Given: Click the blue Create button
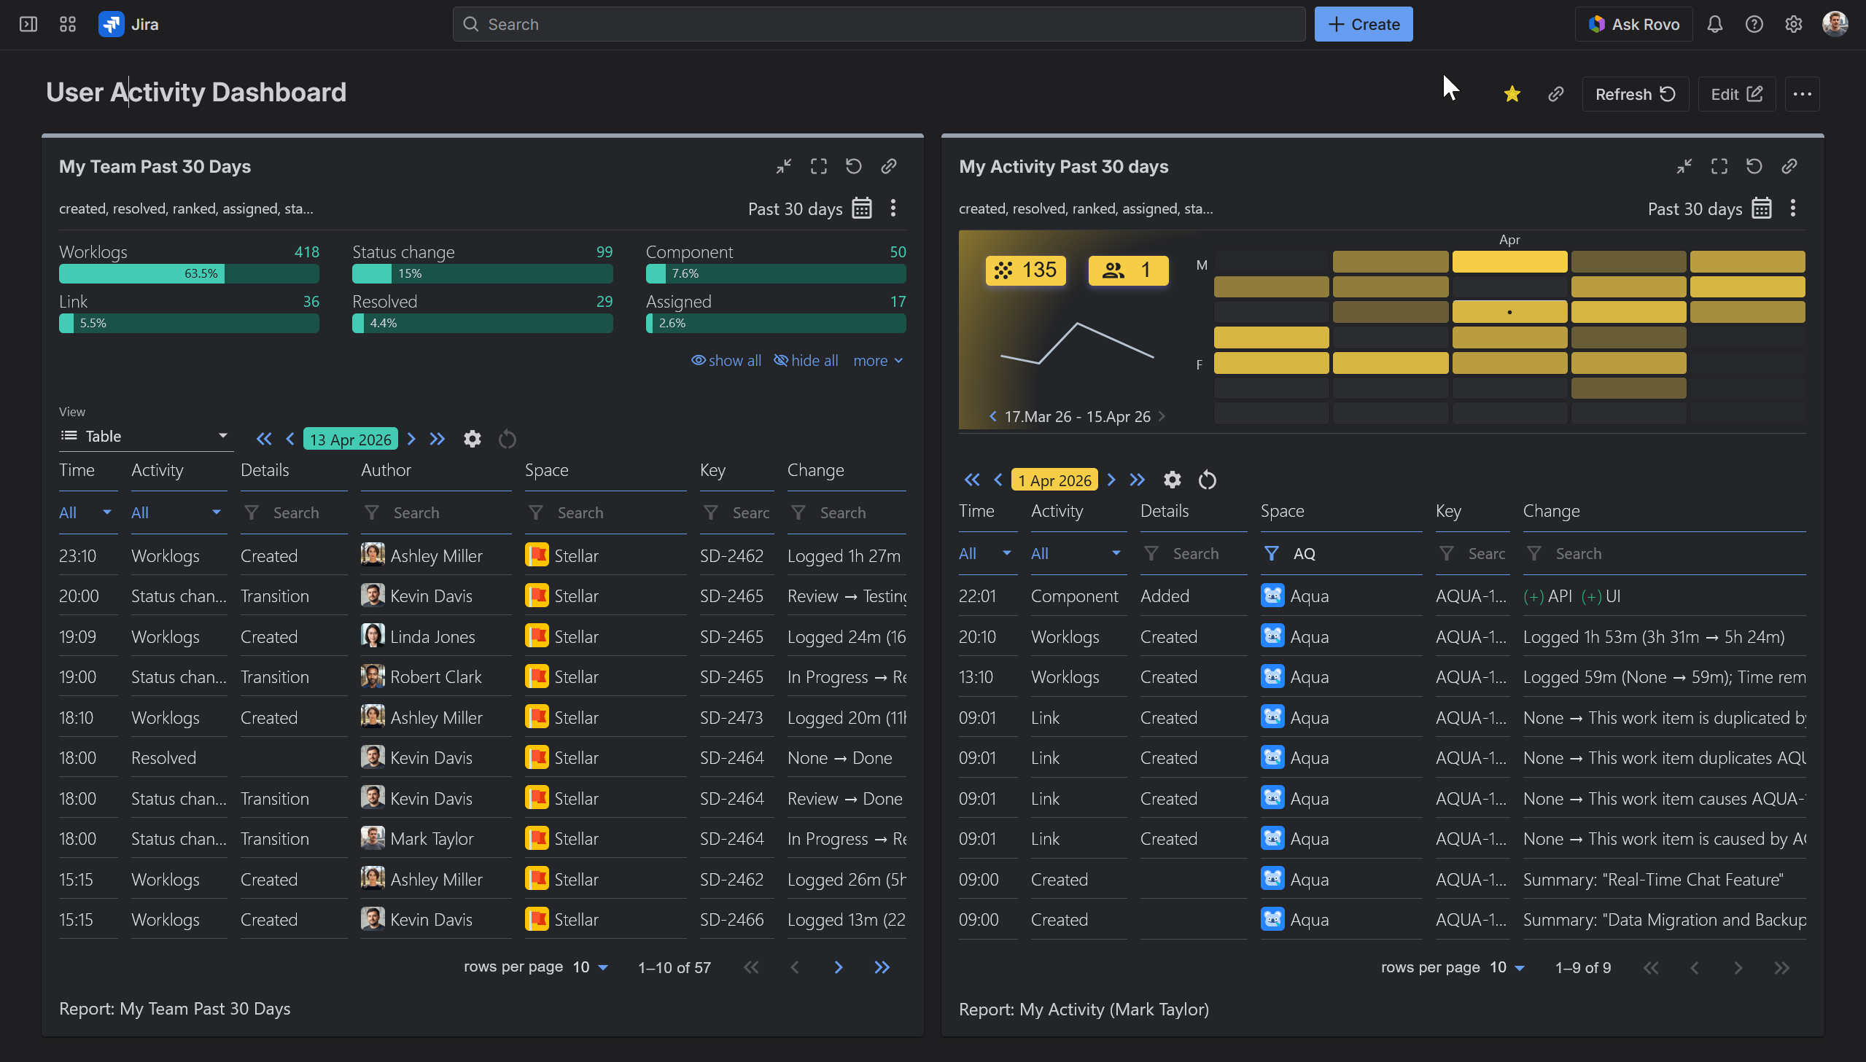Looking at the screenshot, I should pyautogui.click(x=1363, y=24).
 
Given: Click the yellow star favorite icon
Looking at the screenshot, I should pyautogui.click(x=1512, y=94).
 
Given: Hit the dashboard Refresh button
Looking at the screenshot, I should pyautogui.click(x=1634, y=94).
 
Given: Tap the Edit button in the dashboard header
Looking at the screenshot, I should pyautogui.click(x=1735, y=94).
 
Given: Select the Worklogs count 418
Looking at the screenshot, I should pyautogui.click(x=306, y=251).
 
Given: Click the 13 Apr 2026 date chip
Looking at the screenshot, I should pyautogui.click(x=350, y=439).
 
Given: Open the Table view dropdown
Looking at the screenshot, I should pyautogui.click(x=144, y=436).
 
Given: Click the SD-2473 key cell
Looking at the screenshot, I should pyautogui.click(x=731, y=718).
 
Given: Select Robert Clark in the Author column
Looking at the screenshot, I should pyautogui.click(x=435, y=677).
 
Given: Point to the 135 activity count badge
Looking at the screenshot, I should pyautogui.click(x=1025, y=270).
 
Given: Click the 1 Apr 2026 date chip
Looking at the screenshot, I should pyautogui.click(x=1054, y=480).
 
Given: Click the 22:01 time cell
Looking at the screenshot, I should pyautogui.click(x=977, y=596).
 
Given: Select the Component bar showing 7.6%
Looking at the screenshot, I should pyautogui.click(x=774, y=273).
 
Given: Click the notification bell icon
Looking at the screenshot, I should pyautogui.click(x=1714, y=24).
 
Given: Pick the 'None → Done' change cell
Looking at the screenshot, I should pyautogui.click(x=839, y=758).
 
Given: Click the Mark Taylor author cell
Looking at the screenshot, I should pyautogui.click(x=431, y=839).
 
